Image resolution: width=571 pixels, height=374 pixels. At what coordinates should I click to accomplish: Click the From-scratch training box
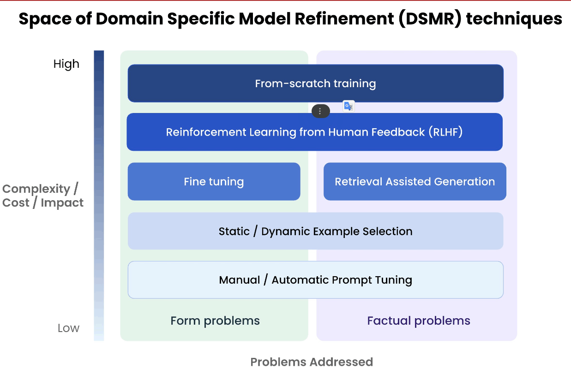coord(316,83)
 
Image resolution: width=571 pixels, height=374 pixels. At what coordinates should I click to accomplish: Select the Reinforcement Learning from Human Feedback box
coord(314,132)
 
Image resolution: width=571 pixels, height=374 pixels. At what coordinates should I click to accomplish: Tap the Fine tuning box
coord(214,182)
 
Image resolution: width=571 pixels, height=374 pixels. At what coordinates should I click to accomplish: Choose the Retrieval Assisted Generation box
coord(415,182)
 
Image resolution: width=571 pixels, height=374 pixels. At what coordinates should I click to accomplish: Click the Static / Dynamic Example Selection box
coord(316,231)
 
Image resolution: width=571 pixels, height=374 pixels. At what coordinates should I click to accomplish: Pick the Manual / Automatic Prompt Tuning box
coord(316,280)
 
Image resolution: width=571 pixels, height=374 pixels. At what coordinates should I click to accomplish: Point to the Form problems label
coord(215,321)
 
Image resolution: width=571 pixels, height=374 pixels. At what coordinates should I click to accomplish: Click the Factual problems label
coord(419,321)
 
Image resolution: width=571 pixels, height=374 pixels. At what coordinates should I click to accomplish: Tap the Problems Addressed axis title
coord(312,362)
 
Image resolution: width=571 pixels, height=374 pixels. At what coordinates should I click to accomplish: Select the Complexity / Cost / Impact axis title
coord(43,196)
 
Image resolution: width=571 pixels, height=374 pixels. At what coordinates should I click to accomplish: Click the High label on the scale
coord(66,64)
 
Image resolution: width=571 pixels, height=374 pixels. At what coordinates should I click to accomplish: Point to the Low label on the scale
coord(68,328)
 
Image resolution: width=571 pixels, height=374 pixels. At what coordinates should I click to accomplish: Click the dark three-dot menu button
coord(321,111)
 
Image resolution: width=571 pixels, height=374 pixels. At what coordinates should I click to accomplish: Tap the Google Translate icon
coord(349,106)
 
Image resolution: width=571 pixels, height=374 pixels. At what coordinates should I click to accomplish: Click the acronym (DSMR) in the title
coord(430,19)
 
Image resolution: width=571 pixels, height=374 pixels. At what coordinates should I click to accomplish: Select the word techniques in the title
coord(514,19)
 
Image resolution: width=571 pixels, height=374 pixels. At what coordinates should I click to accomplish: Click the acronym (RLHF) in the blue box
coord(445,132)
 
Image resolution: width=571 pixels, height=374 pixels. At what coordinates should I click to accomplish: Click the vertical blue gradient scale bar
coord(99,196)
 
